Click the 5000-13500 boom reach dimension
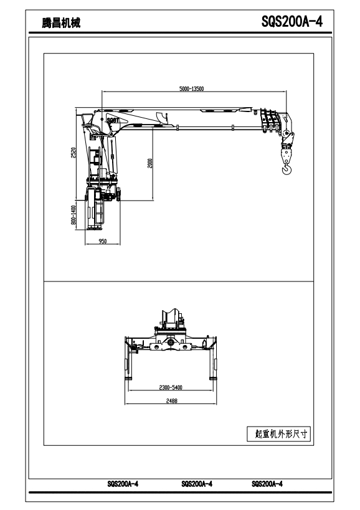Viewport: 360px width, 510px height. (x=192, y=89)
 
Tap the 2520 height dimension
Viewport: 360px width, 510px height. (x=73, y=153)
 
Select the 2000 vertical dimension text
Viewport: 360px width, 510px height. (x=150, y=163)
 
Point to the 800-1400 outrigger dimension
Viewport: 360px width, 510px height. (x=73, y=215)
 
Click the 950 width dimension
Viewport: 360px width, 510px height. (x=102, y=242)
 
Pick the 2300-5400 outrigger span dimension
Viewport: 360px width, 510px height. (x=171, y=387)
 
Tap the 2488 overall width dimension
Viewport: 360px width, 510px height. (x=172, y=401)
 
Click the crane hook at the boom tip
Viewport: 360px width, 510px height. (x=287, y=169)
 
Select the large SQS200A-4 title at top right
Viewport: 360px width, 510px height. (x=292, y=22)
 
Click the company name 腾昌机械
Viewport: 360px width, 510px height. (x=61, y=23)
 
